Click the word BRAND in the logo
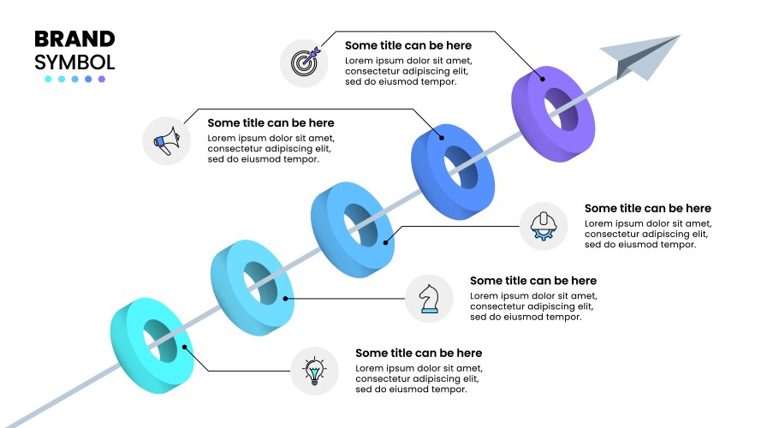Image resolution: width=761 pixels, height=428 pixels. click(74, 39)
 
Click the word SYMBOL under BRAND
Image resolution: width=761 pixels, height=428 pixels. click(74, 62)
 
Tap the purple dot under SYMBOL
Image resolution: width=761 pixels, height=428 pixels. click(101, 79)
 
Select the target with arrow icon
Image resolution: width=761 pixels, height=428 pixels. click(305, 62)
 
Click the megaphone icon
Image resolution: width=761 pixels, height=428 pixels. click(167, 140)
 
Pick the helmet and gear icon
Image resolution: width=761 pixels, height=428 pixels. click(544, 226)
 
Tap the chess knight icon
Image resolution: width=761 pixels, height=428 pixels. click(430, 299)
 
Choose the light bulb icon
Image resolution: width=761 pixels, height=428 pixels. click(314, 371)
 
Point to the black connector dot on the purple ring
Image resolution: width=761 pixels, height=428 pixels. click(543, 79)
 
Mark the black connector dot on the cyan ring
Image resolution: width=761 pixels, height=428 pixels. click(184, 347)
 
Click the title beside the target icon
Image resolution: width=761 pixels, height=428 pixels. click(408, 45)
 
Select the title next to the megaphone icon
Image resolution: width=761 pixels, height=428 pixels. click(271, 123)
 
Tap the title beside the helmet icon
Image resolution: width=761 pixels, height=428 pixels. click(648, 209)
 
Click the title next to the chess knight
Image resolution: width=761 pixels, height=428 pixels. click(533, 281)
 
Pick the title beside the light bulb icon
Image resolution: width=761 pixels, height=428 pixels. click(419, 354)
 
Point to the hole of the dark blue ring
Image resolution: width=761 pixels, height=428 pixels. click(462, 168)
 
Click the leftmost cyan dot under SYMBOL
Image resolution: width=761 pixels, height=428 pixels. click(48, 79)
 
